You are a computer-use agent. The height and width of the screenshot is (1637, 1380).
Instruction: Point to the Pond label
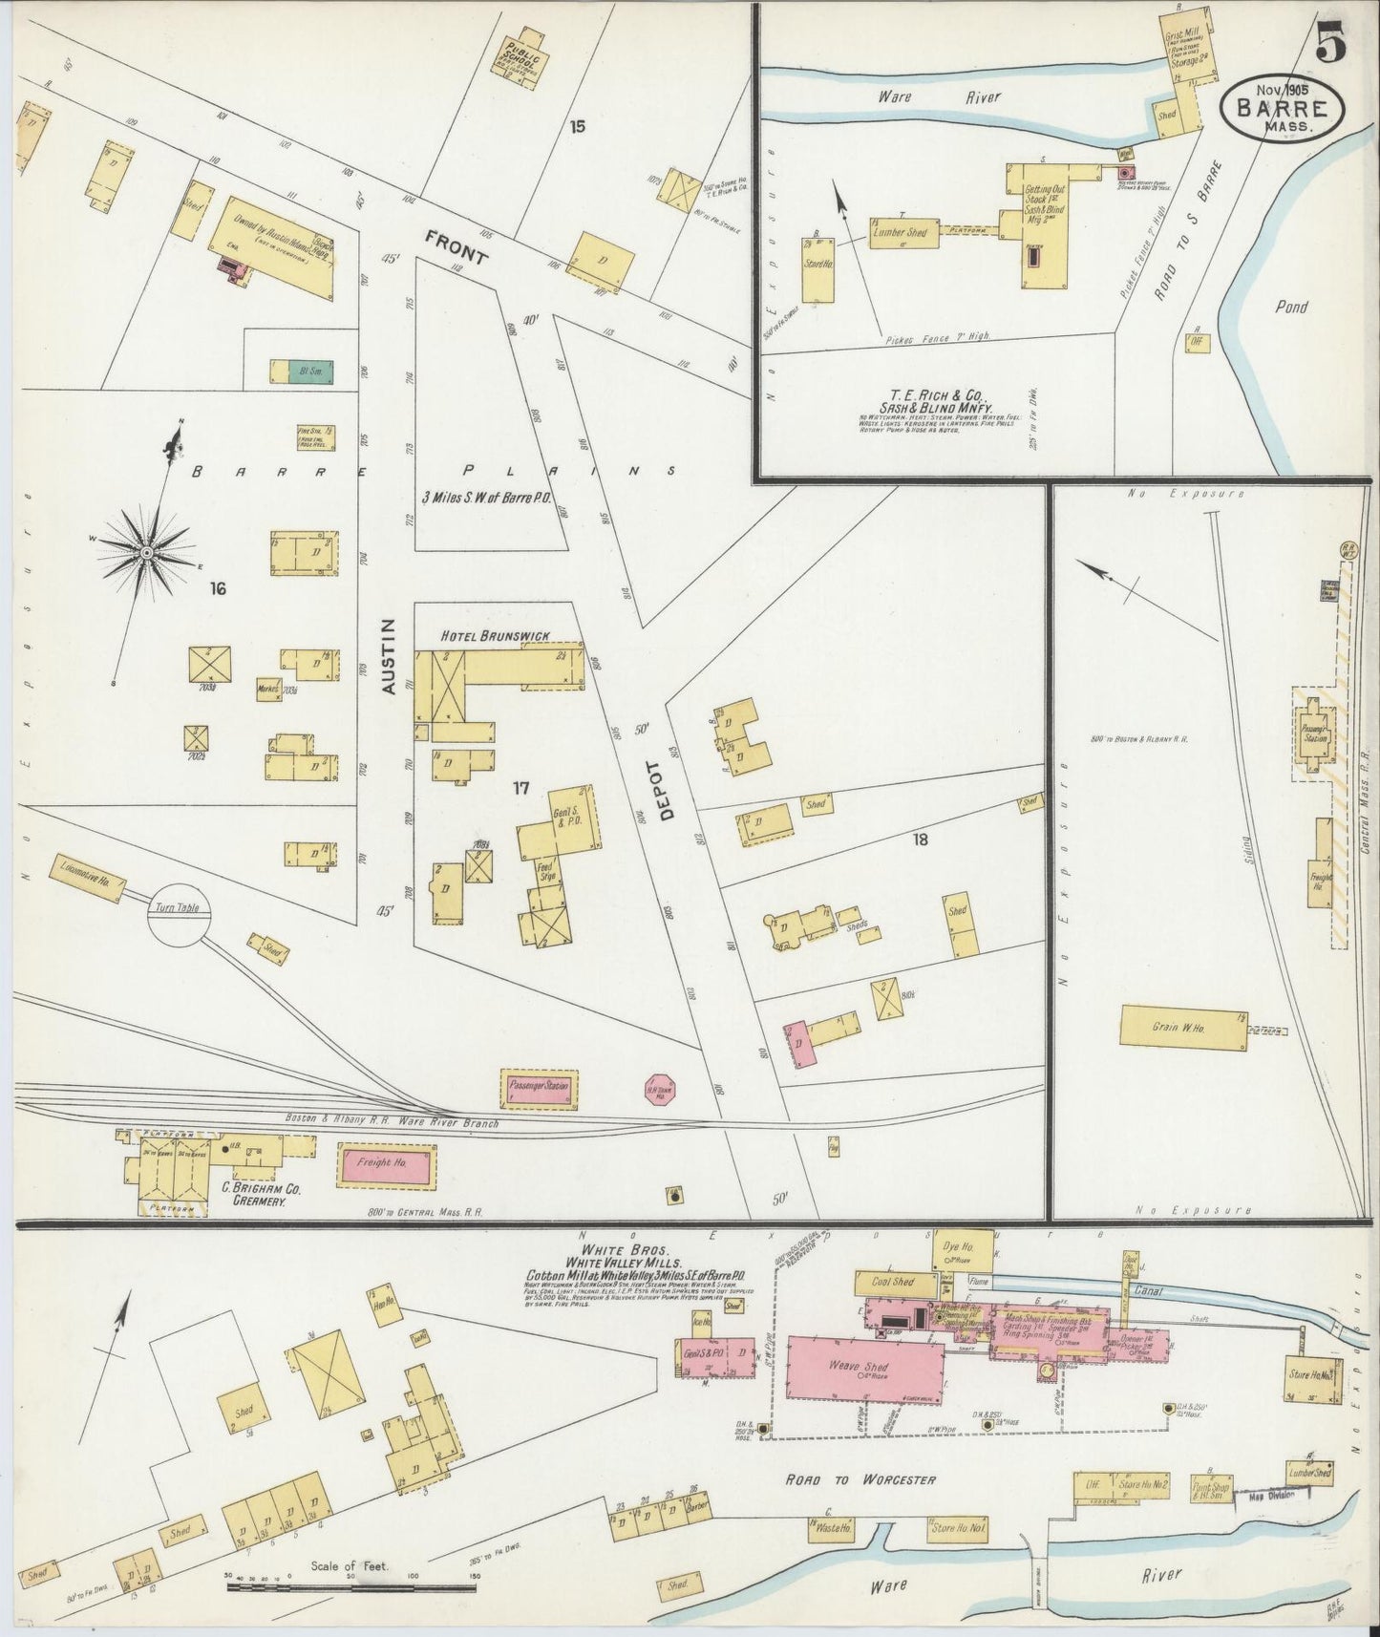coord(1291,308)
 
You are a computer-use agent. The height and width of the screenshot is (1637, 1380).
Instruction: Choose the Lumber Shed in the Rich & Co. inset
coord(902,233)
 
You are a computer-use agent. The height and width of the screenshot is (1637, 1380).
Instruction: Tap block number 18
coord(921,840)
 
